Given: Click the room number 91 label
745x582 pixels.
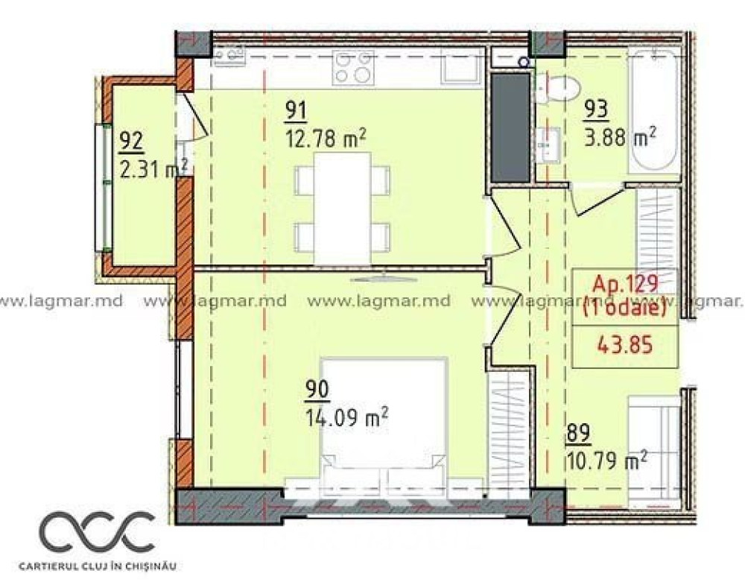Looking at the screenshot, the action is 296,111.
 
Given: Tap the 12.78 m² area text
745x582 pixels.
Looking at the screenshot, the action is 326,139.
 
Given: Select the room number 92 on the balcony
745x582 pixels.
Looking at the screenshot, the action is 131,142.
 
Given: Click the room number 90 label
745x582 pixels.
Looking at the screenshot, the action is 317,390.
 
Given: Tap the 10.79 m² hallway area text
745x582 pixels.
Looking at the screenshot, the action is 606,461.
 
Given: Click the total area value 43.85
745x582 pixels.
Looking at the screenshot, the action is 625,345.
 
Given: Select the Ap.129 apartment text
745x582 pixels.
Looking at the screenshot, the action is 625,285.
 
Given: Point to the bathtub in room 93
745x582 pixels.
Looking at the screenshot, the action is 654,111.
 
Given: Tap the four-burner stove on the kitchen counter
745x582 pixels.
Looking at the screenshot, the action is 352,67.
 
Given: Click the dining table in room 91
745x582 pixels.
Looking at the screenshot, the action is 343,208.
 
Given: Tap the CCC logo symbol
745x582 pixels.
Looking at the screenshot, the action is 97,531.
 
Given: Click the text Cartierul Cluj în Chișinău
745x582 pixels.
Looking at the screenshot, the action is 98,566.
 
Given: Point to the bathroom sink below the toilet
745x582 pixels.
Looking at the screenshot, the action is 549,145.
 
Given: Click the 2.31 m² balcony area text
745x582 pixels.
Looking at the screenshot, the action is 153,168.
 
